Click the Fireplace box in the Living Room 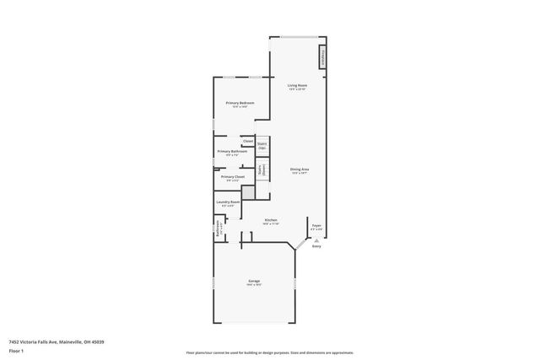pos(322,58)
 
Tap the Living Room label pos(296,86)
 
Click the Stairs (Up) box pos(262,145)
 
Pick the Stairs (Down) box pos(262,169)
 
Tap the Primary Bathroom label pos(232,152)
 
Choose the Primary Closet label pos(233,177)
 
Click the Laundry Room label pos(228,202)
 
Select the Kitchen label pos(270,221)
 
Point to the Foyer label pos(316,225)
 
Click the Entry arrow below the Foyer pos(316,239)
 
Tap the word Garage pos(253,281)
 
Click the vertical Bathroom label pos(217,228)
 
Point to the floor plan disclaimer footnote pos(270,352)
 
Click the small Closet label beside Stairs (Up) pos(248,141)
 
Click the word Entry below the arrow pos(316,246)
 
